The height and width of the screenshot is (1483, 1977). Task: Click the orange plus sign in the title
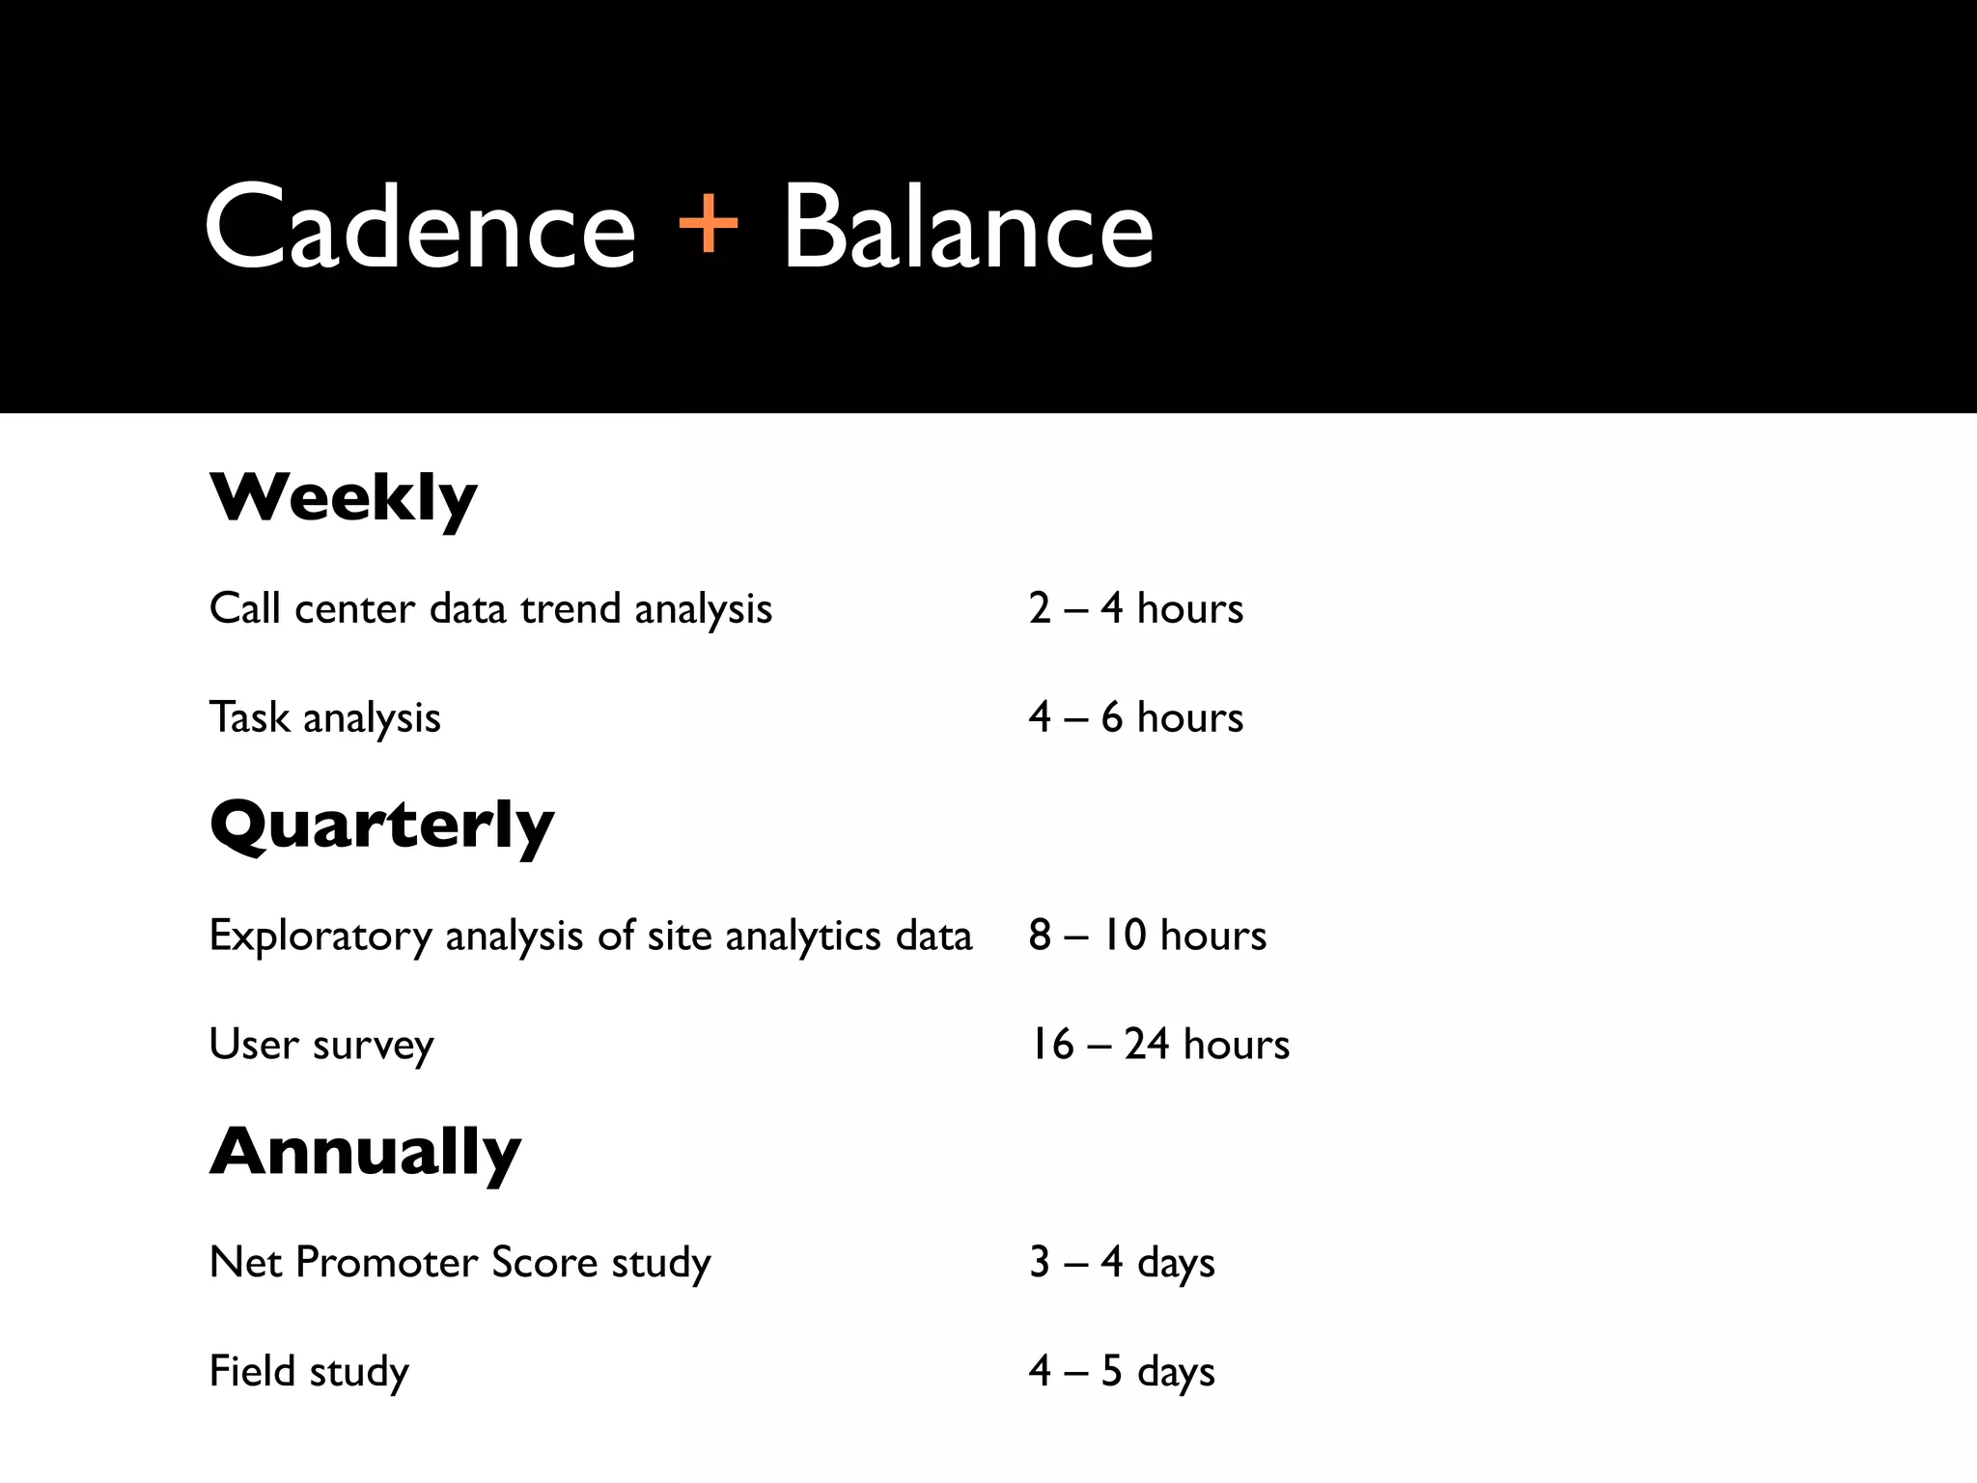click(709, 224)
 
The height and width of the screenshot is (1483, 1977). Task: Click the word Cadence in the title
click(420, 228)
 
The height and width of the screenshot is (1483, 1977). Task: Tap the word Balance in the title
click(967, 228)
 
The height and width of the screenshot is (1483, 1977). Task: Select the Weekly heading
click(344, 498)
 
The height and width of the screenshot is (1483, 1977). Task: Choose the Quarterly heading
click(382, 826)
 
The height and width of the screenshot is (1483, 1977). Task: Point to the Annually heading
click(365, 1153)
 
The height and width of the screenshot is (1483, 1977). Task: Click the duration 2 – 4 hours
click(1136, 608)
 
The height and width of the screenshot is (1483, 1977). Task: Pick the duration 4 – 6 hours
click(1136, 717)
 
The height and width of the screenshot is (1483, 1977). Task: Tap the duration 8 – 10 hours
click(1148, 936)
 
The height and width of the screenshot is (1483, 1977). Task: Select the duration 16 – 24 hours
click(1159, 1045)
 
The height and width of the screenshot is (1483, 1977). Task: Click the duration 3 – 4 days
click(1122, 1263)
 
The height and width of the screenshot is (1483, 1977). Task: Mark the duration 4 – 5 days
click(1122, 1372)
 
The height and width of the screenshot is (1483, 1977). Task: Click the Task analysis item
click(325, 718)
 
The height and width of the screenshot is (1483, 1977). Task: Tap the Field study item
click(309, 1372)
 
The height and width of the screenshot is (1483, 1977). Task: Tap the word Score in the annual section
click(544, 1263)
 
